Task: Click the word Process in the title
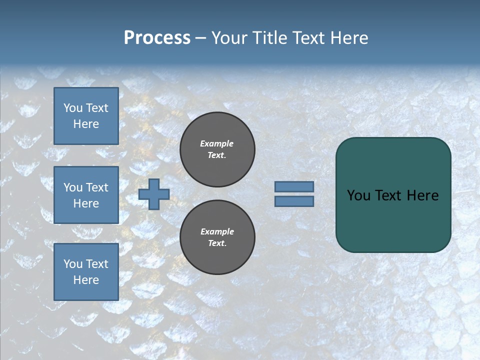(157, 38)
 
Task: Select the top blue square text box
(86, 116)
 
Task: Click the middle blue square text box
(86, 195)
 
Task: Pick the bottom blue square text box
(86, 271)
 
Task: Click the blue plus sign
(154, 194)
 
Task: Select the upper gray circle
(217, 149)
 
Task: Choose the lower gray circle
(217, 237)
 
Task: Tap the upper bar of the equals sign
(294, 187)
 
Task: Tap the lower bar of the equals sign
(294, 201)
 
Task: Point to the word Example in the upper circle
(216, 143)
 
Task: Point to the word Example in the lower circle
(217, 231)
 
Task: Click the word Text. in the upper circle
(217, 155)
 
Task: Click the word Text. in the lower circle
(217, 243)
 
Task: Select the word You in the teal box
(358, 195)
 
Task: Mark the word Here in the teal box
(422, 195)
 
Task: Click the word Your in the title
(230, 38)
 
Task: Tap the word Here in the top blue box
(86, 124)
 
